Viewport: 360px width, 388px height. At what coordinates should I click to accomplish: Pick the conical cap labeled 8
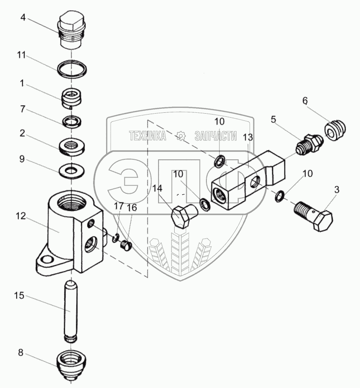click(x=71, y=364)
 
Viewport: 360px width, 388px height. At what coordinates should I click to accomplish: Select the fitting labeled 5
click(x=308, y=144)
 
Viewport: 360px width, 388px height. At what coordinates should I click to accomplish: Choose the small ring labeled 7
click(x=72, y=122)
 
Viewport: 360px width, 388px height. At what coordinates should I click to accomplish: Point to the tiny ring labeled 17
click(x=116, y=238)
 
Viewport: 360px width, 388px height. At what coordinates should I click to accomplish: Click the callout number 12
click(x=21, y=216)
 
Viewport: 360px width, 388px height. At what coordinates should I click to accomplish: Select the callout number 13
click(x=248, y=137)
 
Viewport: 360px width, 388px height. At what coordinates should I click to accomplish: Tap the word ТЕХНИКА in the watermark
click(x=148, y=136)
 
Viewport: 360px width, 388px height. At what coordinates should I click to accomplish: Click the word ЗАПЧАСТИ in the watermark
click(x=215, y=136)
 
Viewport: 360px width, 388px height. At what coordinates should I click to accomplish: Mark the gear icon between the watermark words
click(x=180, y=136)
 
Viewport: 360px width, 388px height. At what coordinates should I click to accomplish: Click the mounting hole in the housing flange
click(x=47, y=260)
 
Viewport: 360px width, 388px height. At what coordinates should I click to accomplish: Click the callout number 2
click(x=22, y=133)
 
